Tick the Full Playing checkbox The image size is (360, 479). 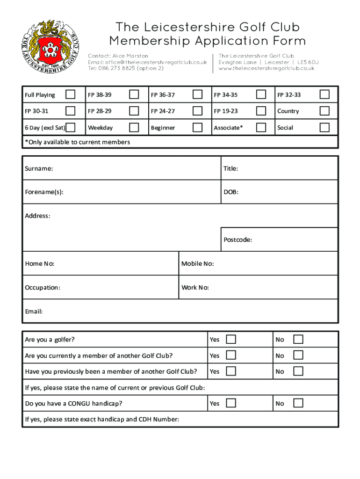[70, 94]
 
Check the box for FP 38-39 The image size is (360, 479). [134, 94]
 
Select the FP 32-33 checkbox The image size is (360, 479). [324, 94]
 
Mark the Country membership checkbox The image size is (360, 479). [324, 111]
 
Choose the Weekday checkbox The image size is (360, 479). [134, 127]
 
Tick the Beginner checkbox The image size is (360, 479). [198, 127]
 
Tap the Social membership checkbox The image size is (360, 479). [324, 127]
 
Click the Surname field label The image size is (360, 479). [39, 168]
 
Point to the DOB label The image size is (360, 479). [231, 192]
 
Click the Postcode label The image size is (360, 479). [238, 240]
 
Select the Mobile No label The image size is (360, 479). [198, 264]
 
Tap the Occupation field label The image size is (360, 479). [43, 288]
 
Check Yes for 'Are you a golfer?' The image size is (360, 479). [231, 339]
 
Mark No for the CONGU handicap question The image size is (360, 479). [298, 403]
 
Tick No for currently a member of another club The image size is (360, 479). [298, 355]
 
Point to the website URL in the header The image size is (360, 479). [266, 68]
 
